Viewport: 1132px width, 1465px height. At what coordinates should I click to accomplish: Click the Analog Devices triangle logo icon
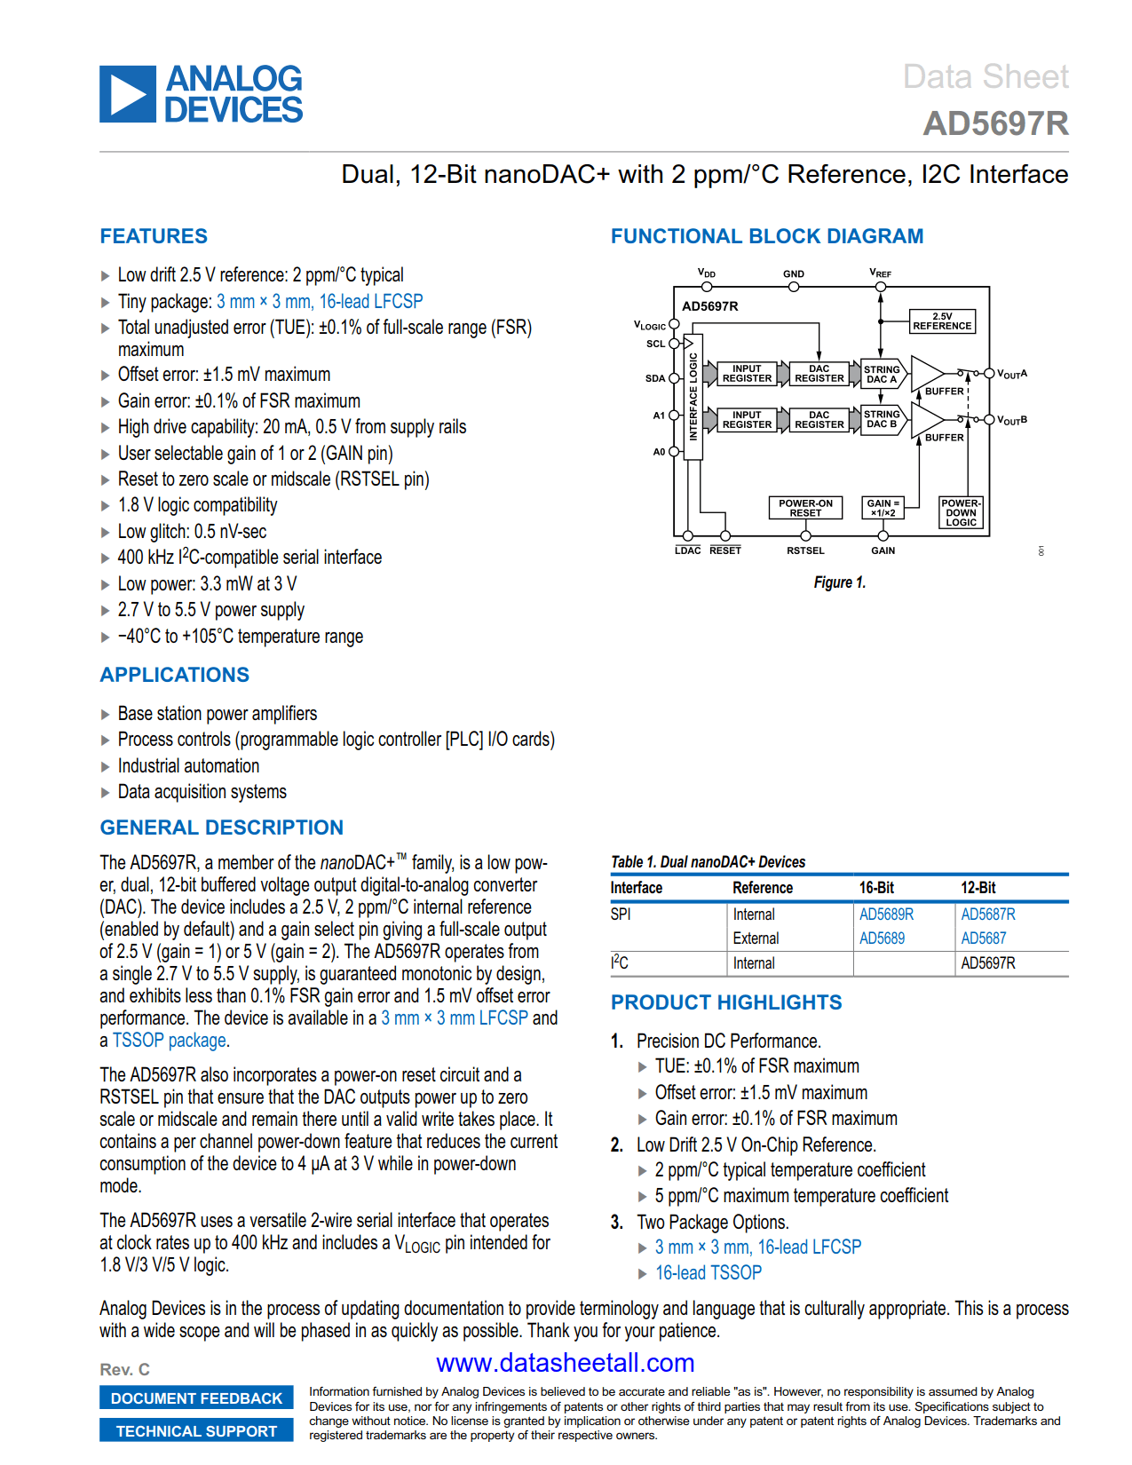click(x=128, y=94)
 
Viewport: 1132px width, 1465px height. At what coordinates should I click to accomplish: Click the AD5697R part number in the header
click(x=995, y=123)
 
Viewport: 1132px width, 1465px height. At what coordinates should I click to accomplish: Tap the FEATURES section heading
click(x=154, y=236)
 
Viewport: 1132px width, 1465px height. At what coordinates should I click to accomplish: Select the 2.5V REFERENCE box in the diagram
click(x=942, y=321)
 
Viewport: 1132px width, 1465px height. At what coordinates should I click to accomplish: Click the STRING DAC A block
click(x=882, y=374)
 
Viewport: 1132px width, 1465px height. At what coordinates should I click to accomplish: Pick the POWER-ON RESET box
click(x=805, y=508)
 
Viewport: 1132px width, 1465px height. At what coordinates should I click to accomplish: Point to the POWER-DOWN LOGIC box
click(x=961, y=512)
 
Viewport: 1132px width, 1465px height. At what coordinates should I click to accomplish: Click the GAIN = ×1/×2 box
click(x=883, y=508)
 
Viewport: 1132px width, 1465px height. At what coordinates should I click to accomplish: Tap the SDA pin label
click(x=655, y=378)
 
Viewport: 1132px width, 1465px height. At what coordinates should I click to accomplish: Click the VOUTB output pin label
click(x=1012, y=419)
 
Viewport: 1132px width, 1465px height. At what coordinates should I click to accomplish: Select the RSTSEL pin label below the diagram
click(x=805, y=550)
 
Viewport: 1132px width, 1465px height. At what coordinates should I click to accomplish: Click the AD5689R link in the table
click(x=886, y=915)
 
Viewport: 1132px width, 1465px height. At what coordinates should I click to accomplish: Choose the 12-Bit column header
click(x=978, y=888)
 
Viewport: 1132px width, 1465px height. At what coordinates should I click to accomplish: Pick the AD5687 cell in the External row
click(x=984, y=938)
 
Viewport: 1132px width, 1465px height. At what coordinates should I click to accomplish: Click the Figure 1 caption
click(x=839, y=582)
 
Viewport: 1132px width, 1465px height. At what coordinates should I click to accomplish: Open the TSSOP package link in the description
click(x=169, y=1041)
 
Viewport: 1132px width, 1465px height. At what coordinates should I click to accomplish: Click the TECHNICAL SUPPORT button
click(x=196, y=1431)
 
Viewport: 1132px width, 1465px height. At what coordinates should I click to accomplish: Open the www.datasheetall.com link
click(x=566, y=1363)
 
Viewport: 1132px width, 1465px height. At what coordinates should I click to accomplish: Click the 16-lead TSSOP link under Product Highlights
click(x=708, y=1273)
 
